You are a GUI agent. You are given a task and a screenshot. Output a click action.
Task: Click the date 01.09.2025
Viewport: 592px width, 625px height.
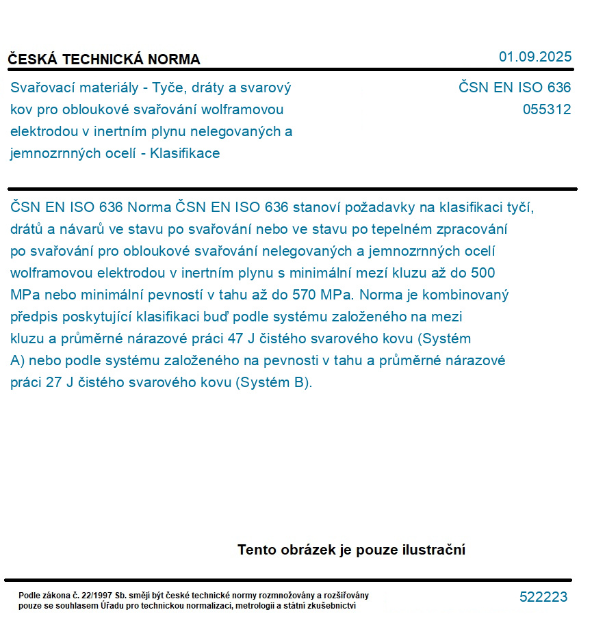pos(535,57)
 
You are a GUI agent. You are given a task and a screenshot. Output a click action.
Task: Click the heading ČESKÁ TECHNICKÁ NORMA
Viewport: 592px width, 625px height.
pos(104,59)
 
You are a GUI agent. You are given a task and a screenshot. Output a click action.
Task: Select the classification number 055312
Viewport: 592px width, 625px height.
pos(546,109)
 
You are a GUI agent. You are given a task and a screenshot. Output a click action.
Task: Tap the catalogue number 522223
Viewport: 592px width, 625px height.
pos(543,597)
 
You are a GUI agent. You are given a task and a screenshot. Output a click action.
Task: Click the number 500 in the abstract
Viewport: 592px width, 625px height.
pos(482,273)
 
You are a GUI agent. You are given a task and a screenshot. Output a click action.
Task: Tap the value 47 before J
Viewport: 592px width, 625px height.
pos(235,338)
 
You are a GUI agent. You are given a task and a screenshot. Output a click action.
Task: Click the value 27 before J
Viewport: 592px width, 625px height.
pos(54,382)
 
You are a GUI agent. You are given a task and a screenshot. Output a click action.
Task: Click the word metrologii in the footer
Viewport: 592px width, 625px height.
pos(276,606)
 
